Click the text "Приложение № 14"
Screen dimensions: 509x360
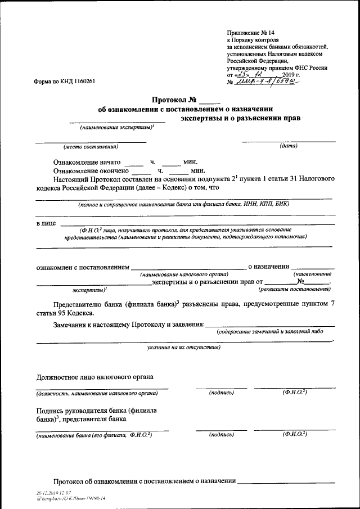point(251,33)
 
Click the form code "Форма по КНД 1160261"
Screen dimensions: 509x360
point(65,81)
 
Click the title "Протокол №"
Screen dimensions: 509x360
point(176,100)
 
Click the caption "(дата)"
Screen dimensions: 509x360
point(289,146)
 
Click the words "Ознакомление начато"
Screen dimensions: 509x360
point(87,161)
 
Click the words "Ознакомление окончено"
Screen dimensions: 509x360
point(91,170)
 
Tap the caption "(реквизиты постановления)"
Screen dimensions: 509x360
point(294,289)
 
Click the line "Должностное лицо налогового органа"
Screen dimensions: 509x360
point(95,376)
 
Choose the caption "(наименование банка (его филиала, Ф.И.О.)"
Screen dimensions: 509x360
point(93,435)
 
